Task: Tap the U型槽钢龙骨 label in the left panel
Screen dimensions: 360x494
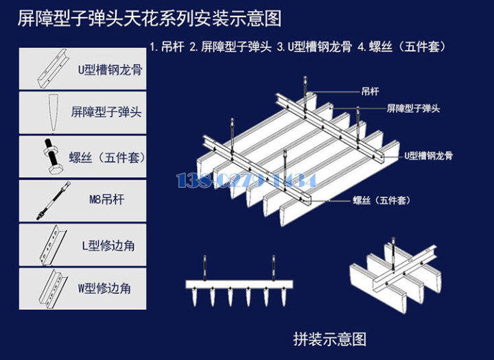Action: [x=110, y=69]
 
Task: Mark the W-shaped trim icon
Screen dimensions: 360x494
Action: [x=52, y=288]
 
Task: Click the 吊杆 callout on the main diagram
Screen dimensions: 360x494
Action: [x=370, y=91]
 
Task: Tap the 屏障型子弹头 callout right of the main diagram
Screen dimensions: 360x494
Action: [x=413, y=108]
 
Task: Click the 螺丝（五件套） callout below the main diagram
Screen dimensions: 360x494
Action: [x=381, y=200]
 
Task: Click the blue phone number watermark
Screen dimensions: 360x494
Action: [x=246, y=180]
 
